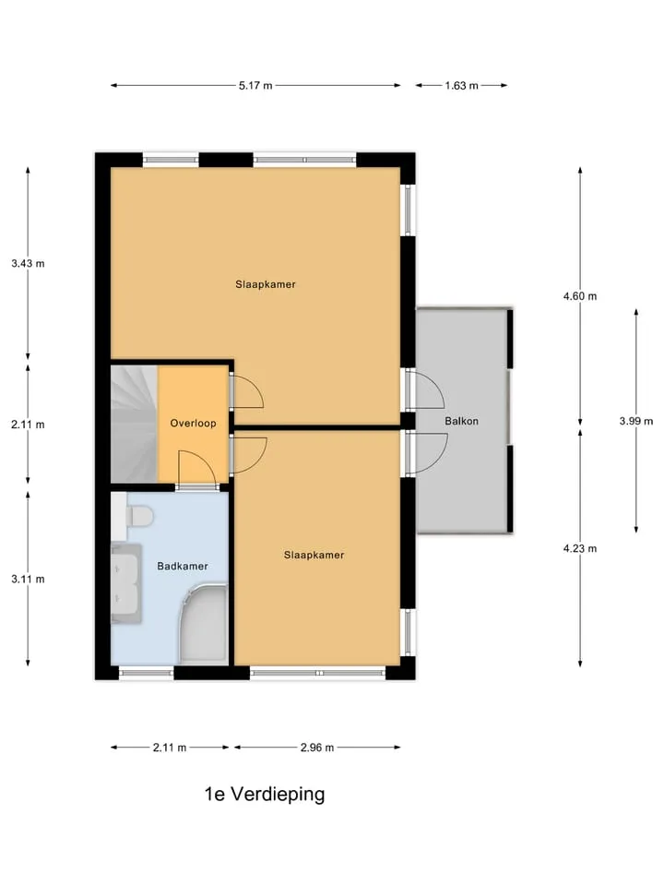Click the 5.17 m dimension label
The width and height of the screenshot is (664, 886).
pyautogui.click(x=255, y=86)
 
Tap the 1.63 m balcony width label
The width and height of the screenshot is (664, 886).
pyautogui.click(x=461, y=86)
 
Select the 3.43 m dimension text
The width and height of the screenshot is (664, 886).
pyautogui.click(x=28, y=263)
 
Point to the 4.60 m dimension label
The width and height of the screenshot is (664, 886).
pyautogui.click(x=580, y=296)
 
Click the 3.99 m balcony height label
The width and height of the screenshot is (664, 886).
pyautogui.click(x=636, y=421)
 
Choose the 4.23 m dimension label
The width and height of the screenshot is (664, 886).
pyautogui.click(x=580, y=548)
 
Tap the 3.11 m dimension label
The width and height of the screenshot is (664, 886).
pyautogui.click(x=28, y=580)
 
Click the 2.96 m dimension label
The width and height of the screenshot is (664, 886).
pyautogui.click(x=317, y=748)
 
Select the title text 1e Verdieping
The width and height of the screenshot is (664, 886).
pyautogui.click(x=265, y=795)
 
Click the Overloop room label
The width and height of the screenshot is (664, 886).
pyautogui.click(x=193, y=424)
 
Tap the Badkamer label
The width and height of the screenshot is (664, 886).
pyautogui.click(x=183, y=566)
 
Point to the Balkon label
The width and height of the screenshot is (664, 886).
pyautogui.click(x=461, y=421)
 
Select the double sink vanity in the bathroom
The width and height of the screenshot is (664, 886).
pyautogui.click(x=125, y=583)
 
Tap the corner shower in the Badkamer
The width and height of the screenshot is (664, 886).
pyautogui.click(x=204, y=625)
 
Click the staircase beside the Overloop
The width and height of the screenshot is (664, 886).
pyautogui.click(x=134, y=424)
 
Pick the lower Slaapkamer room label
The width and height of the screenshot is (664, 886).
pyautogui.click(x=314, y=556)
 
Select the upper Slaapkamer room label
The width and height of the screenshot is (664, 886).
pyautogui.click(x=266, y=284)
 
